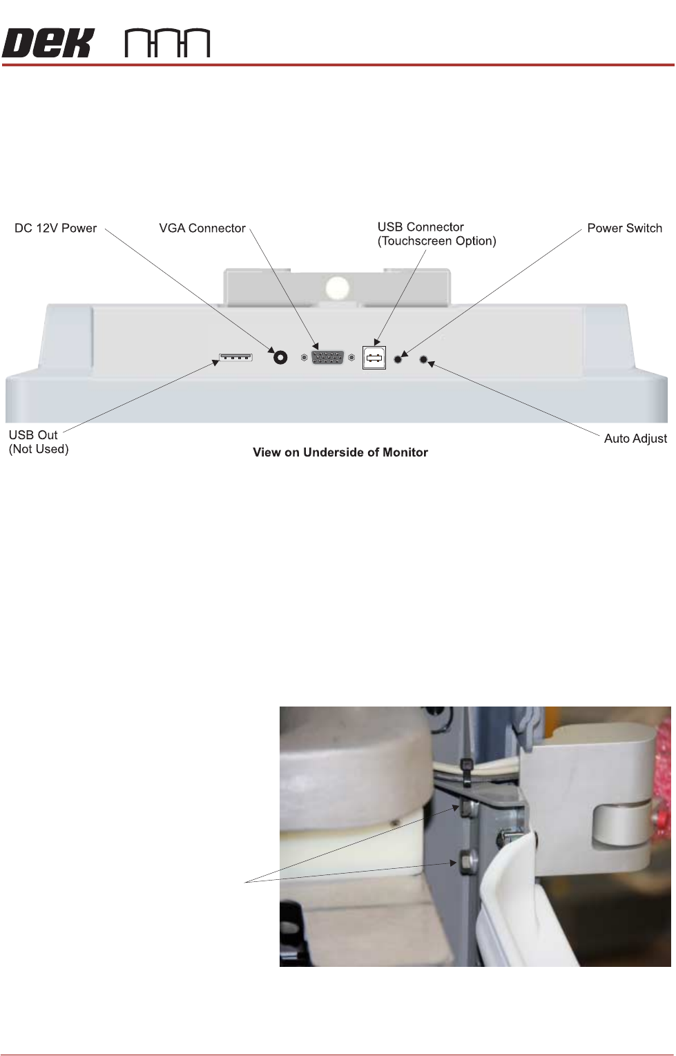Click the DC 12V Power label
[x=55, y=228]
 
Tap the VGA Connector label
[x=202, y=228]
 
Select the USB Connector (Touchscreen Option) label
[x=436, y=234]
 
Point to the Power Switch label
[x=624, y=228]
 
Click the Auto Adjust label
[x=635, y=439]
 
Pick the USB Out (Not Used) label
[x=38, y=442]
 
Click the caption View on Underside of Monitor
[x=340, y=452]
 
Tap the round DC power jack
[x=280, y=358]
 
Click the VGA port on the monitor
[x=327, y=358]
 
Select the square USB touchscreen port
[x=374, y=358]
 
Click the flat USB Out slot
[x=235, y=357]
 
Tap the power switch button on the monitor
[x=398, y=358]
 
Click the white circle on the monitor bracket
[x=338, y=287]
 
